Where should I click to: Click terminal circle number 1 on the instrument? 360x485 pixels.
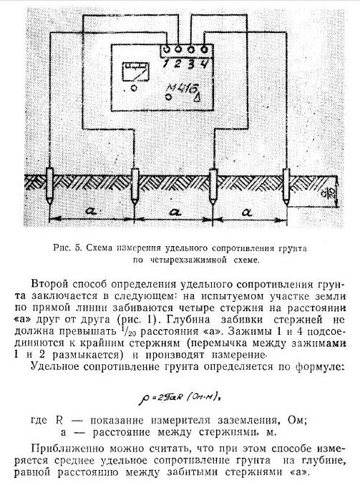(166, 49)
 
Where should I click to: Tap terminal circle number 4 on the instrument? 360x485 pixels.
(204, 49)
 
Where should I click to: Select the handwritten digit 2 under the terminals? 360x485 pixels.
(177, 64)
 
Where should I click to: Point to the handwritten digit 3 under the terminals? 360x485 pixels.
(192, 64)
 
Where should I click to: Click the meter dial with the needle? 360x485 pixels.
(136, 72)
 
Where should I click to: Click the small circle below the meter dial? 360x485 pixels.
(134, 88)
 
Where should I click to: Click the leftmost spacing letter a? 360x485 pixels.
(91, 211)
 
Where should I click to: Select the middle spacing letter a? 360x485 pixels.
(175, 212)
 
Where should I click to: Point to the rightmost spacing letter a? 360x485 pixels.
(248, 212)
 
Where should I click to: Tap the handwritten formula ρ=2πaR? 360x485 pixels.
(180, 397)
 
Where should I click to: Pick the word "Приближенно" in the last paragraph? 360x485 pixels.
(66, 449)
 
